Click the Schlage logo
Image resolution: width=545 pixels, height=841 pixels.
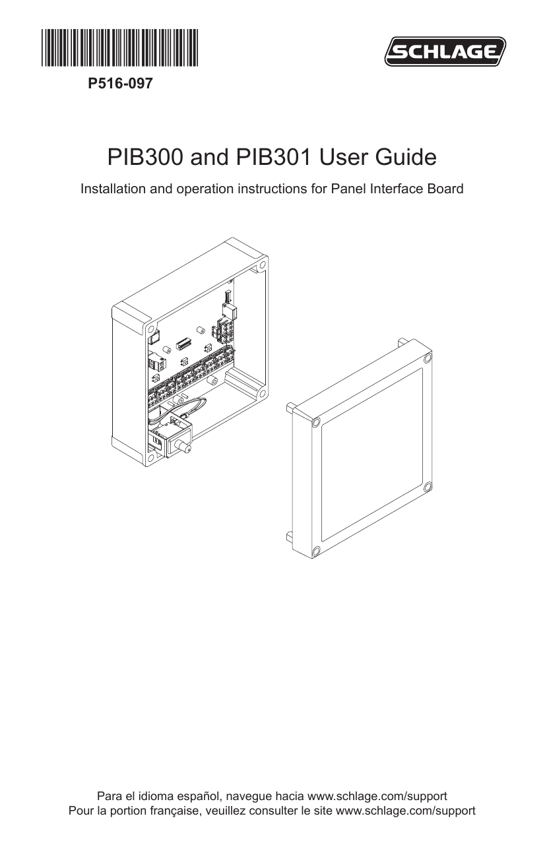pyautogui.click(x=445, y=51)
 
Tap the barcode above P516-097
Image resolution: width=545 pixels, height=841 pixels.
pyautogui.click(x=120, y=47)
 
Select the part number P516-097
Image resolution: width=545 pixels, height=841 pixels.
pyautogui.click(x=120, y=83)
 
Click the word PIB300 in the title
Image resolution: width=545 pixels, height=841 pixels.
pyautogui.click(x=145, y=157)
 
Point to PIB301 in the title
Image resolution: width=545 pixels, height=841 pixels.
pyautogui.click(x=273, y=157)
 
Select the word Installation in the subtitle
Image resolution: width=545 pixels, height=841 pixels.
pyautogui.click(x=113, y=189)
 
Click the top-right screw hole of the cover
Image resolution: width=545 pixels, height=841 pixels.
pyautogui.click(x=428, y=359)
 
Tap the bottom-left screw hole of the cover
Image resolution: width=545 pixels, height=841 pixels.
pyautogui.click(x=316, y=551)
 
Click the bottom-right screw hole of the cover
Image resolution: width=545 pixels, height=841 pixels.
pyautogui.click(x=428, y=487)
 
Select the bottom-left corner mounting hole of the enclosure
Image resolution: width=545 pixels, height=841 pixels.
pyautogui.click(x=150, y=458)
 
